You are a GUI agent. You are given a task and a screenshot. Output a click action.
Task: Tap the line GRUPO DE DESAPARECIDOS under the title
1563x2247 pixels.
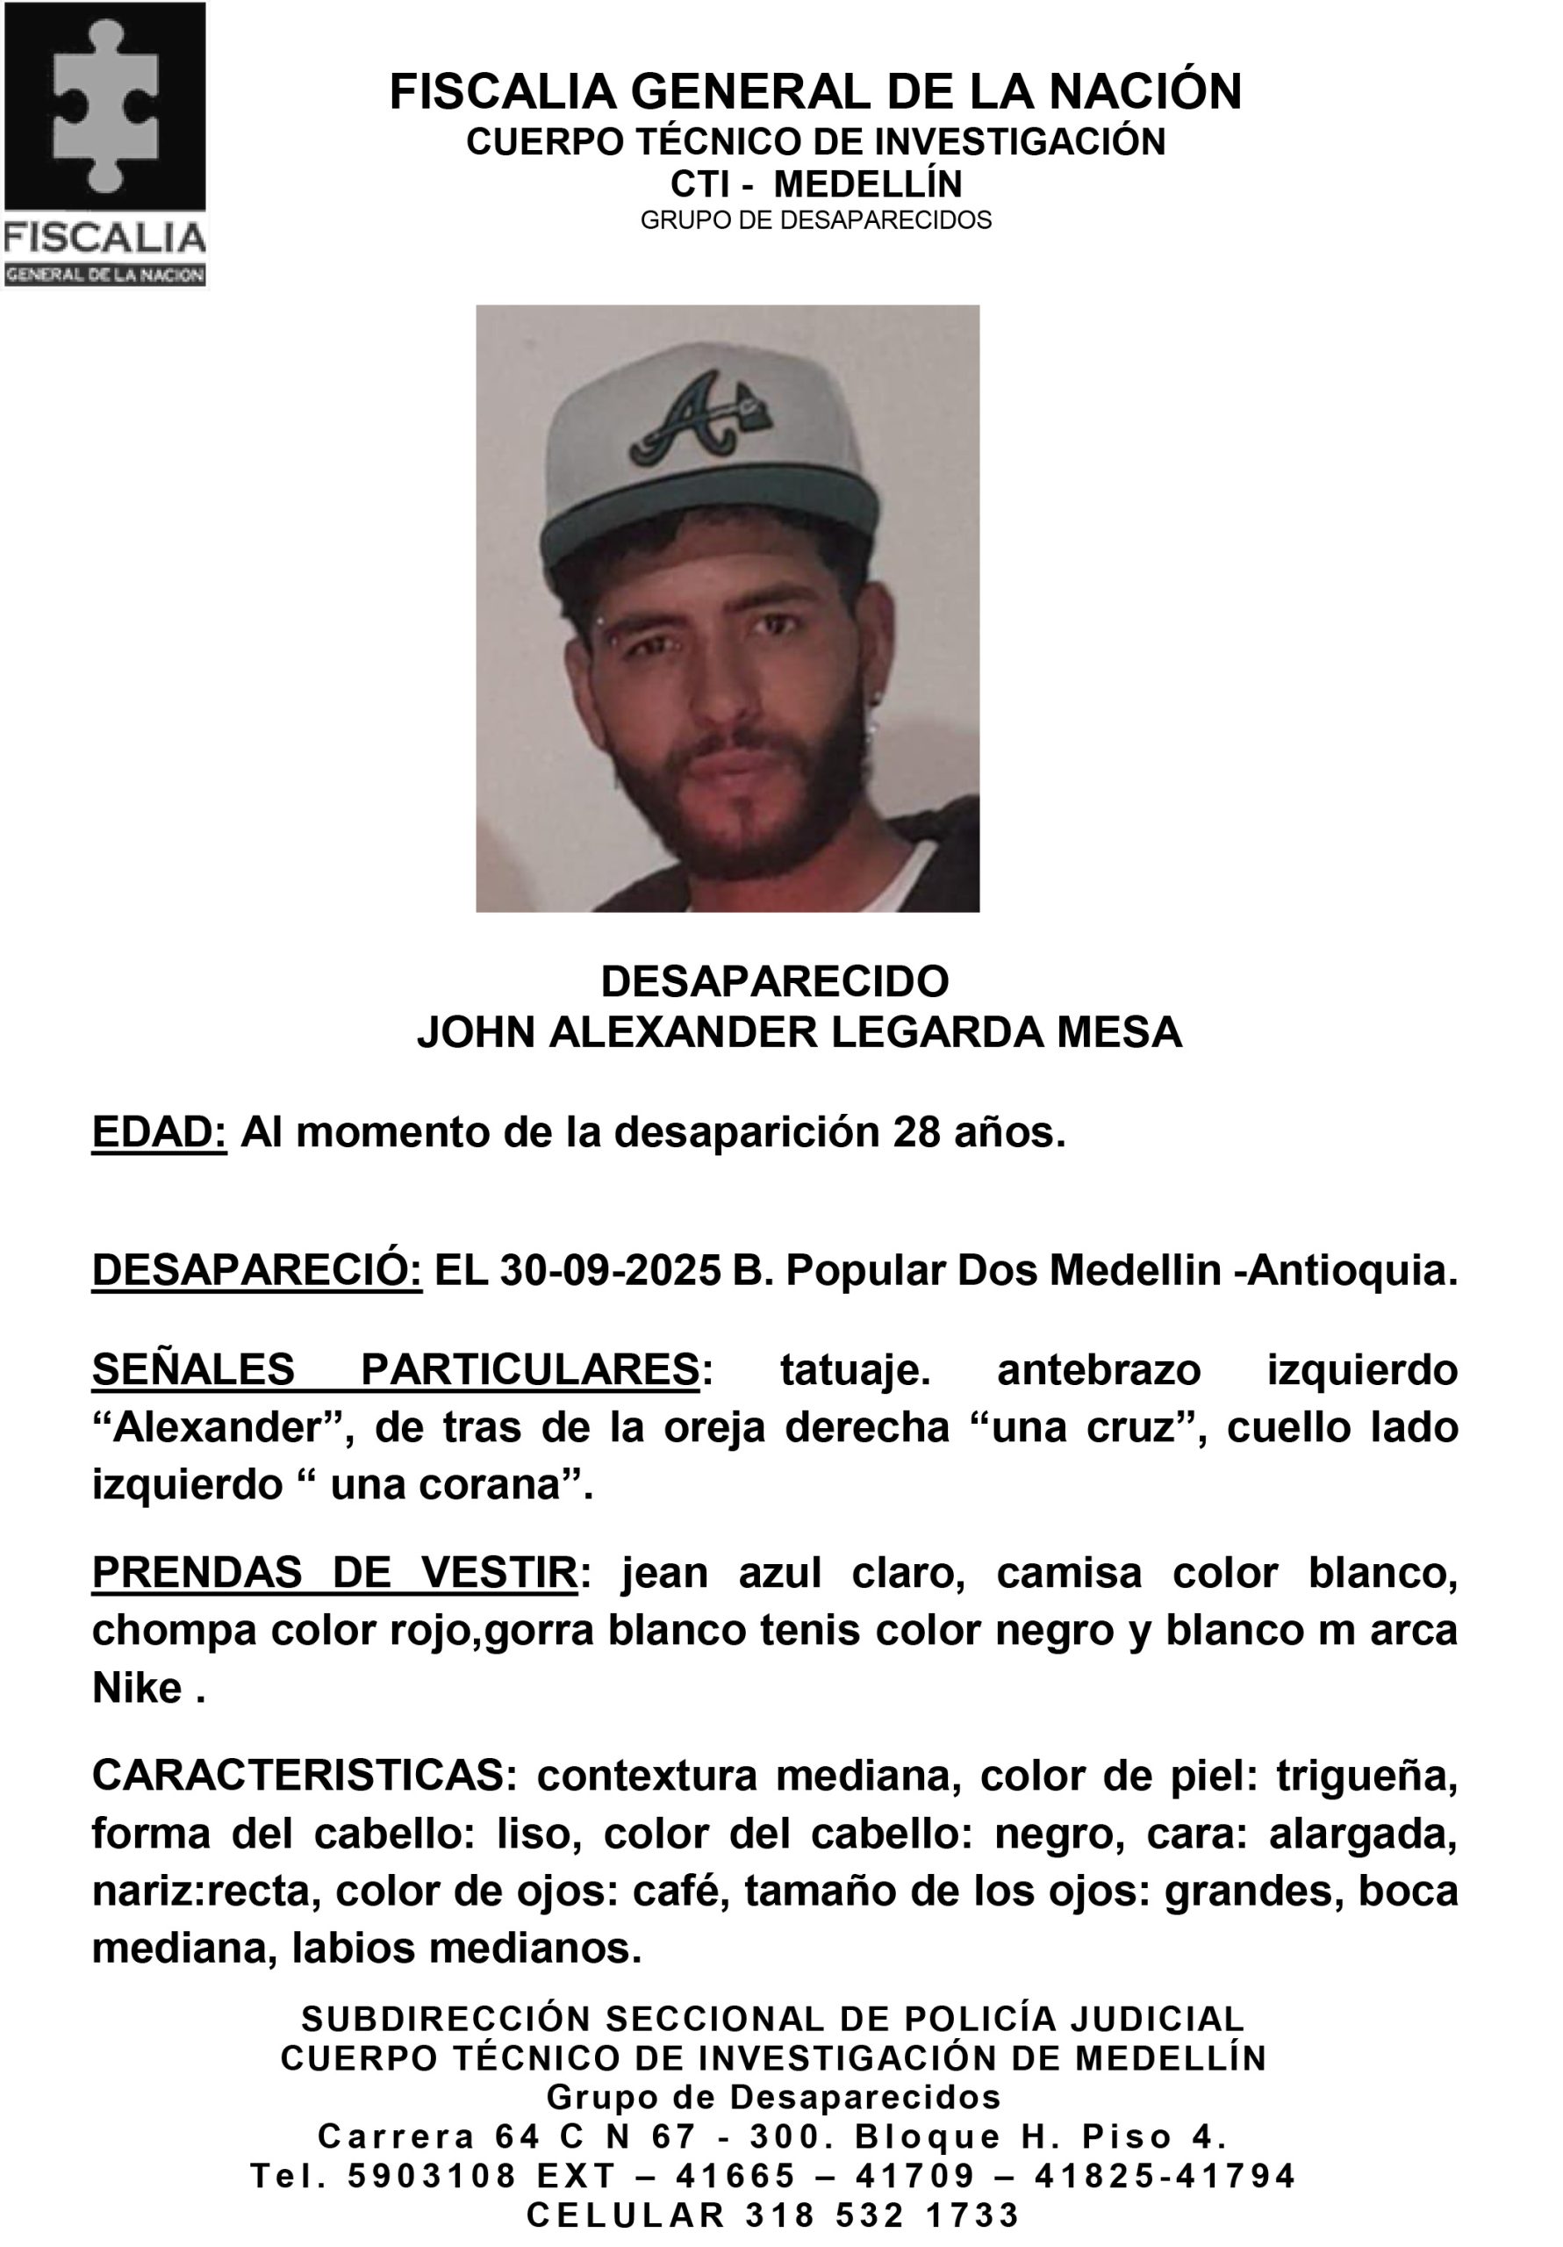(x=815, y=220)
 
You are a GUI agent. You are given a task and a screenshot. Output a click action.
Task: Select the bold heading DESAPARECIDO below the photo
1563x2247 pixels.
(x=774, y=980)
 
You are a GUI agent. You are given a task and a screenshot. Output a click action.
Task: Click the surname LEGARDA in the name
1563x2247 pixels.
(x=936, y=1032)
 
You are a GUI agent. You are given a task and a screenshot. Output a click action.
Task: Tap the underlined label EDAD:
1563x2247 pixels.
(x=159, y=1132)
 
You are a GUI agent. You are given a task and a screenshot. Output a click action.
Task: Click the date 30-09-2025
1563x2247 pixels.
(x=611, y=1271)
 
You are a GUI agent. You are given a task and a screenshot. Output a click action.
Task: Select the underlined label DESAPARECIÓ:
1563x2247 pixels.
(x=256, y=1271)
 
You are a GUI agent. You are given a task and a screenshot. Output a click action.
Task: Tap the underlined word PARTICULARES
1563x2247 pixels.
(x=529, y=1369)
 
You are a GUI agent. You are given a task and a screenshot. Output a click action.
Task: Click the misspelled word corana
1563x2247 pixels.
(x=493, y=1484)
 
